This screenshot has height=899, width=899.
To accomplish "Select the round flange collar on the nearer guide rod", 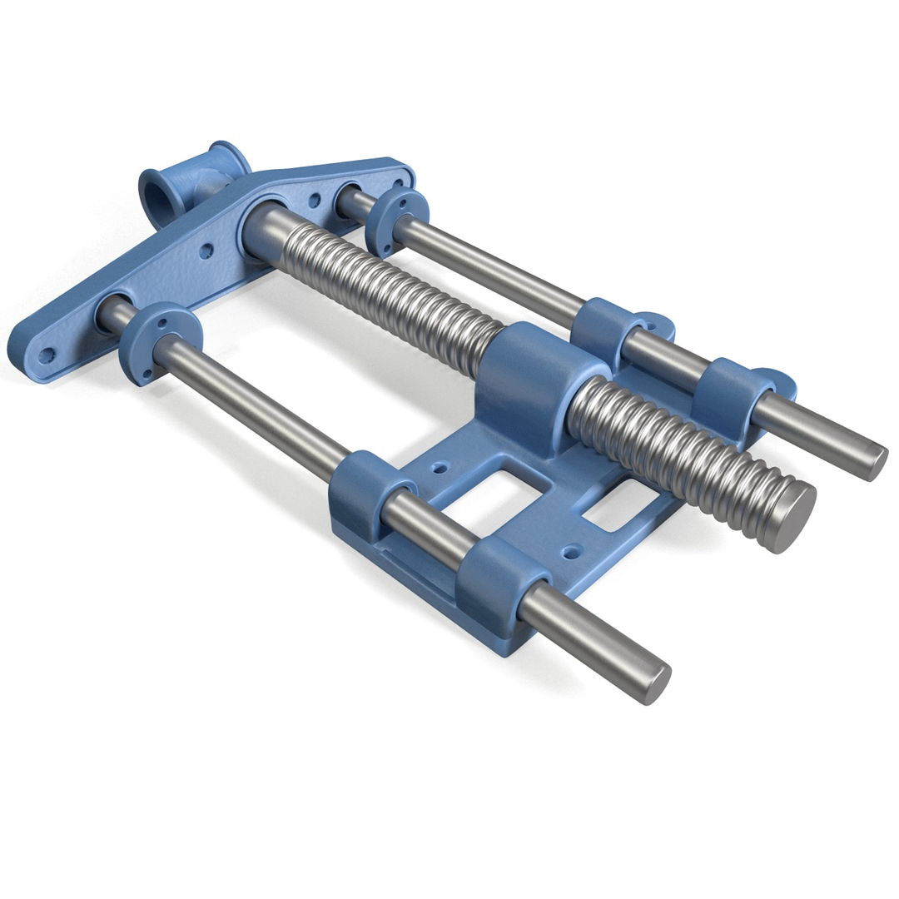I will pos(159,342).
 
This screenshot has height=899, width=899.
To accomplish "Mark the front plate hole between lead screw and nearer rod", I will pos(206,249).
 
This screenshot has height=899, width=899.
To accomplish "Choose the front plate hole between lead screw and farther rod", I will pos(315,201).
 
